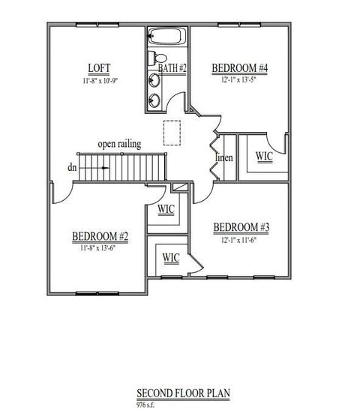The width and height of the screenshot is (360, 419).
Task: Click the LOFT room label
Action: coord(99,67)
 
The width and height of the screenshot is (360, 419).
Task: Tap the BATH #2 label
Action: coord(172,69)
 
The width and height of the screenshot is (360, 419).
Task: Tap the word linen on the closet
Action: coord(224,158)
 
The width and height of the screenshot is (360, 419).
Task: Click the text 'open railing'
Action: coord(119,143)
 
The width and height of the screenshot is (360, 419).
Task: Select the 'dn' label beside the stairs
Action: coord(72,167)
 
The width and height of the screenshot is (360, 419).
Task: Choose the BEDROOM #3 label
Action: coord(241,228)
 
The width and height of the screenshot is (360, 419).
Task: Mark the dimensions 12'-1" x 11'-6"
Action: coord(241,239)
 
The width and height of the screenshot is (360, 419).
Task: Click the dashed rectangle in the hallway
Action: coord(172,132)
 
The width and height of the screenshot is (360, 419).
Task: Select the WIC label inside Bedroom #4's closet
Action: coord(264,156)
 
